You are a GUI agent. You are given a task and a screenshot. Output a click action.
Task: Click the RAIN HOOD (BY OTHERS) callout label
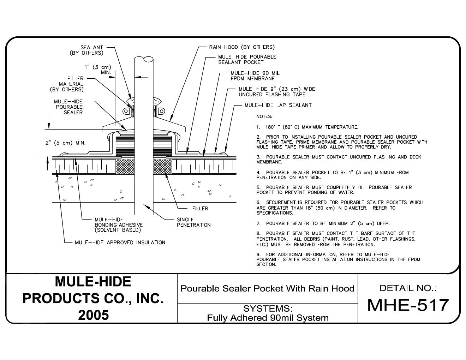242,47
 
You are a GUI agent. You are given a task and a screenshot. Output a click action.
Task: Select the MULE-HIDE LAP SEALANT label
278,105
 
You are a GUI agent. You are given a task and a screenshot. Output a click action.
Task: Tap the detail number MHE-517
408,305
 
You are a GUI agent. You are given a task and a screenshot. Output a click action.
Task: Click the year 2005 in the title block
94,315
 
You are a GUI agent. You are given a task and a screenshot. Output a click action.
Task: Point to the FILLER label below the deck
200,208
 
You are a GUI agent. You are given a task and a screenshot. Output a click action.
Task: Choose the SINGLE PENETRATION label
194,222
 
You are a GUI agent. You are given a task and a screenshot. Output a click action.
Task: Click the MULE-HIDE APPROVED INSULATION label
120,242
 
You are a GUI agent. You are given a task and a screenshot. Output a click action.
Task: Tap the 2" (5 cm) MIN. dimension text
65,143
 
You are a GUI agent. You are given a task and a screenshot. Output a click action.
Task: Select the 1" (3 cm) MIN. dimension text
98,70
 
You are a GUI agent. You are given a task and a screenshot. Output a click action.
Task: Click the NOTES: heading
264,116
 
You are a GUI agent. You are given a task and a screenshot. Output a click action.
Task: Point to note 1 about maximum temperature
307,127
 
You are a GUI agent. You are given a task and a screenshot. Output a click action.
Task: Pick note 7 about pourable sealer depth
323,223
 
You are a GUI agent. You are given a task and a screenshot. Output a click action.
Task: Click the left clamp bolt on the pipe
126,111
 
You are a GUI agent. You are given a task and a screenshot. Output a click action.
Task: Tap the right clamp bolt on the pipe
161,111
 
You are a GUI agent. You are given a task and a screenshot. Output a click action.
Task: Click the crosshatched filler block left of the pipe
125,166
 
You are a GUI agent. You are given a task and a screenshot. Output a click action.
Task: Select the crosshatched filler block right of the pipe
162,166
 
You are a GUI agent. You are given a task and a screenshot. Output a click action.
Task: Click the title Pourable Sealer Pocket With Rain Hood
267,289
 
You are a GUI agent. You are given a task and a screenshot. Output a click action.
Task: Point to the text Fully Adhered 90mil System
268,318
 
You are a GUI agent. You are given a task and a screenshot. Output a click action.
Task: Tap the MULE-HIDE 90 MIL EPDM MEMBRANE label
255,76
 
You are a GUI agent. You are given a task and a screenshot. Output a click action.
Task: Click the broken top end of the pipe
144,59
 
